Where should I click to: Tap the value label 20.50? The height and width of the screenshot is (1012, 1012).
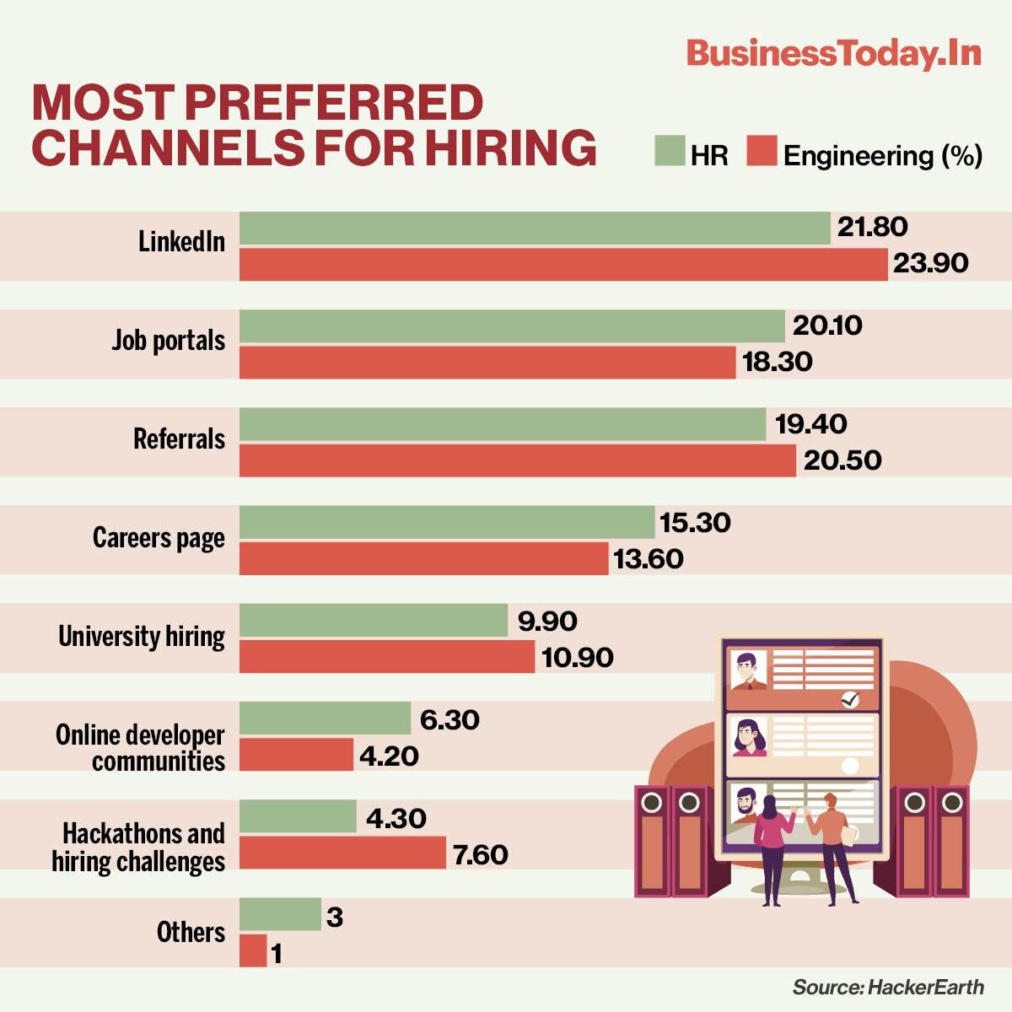pos(842,460)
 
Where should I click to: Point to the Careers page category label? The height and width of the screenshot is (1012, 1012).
pos(159,538)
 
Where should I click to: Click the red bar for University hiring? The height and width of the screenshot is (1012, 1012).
pos(387,657)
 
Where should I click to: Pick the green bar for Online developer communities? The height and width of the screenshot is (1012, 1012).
pos(325,719)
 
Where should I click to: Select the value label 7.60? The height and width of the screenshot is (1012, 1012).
pos(480,855)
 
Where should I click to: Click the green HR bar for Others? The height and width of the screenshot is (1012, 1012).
pos(280,915)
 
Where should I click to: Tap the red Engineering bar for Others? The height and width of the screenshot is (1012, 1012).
pos(253,950)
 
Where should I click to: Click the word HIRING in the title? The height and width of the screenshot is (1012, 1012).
pos(510,146)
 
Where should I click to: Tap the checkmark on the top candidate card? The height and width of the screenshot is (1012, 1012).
pos(850,699)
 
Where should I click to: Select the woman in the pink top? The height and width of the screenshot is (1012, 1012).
pos(772,843)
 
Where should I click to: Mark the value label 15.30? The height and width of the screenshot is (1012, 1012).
pos(695,523)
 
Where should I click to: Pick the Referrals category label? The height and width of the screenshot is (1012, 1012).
pos(179,439)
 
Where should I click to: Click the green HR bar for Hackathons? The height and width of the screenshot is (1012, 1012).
pos(298,816)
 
